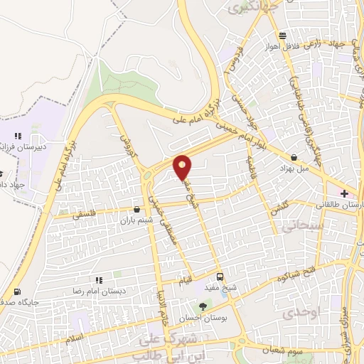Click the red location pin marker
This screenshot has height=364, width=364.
pos(183,166)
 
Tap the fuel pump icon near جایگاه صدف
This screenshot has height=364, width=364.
pos(17,291)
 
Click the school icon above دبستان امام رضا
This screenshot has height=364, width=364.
pos(98,281)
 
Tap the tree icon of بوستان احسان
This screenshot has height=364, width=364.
pos(204,306)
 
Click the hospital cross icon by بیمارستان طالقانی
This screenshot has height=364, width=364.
pos(345,193)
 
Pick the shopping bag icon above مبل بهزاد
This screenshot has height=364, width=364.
pos(294,158)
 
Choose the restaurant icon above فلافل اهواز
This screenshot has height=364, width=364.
pos(283,35)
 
